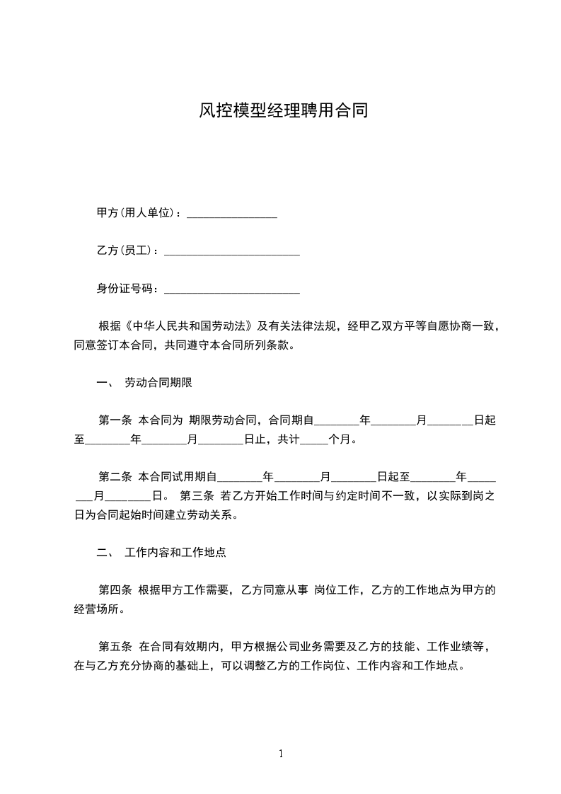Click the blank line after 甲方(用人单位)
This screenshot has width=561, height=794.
tap(231, 214)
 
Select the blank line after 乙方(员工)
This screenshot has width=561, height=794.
tap(231, 251)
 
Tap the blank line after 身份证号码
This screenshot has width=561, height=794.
tap(231, 289)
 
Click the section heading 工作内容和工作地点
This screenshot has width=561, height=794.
tap(175, 552)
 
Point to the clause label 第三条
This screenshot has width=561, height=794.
tap(197, 495)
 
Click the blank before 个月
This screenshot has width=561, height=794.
tap(314, 439)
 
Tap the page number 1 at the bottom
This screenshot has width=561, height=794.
tap(281, 754)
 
